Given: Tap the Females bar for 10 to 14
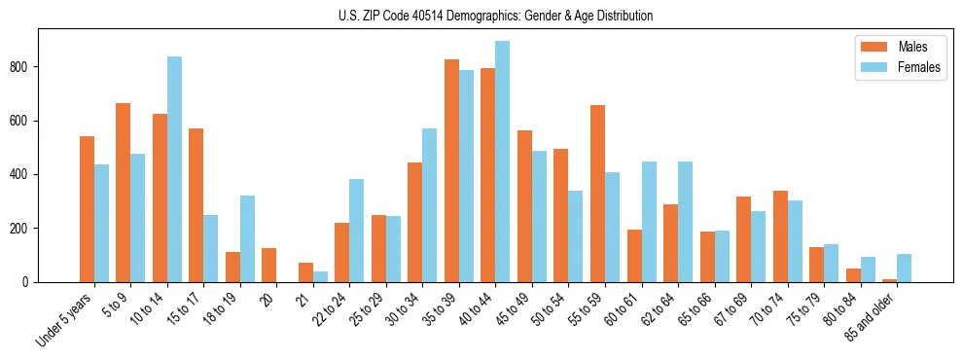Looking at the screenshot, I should click(174, 169).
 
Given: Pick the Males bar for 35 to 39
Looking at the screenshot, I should click(451, 171).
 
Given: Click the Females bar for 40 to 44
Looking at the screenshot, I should click(503, 162).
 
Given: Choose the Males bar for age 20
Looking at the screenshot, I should click(268, 266).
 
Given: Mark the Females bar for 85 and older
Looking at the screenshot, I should click(905, 269).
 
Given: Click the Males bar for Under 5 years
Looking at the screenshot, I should click(87, 209).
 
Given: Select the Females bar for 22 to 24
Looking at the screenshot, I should click(357, 231).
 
